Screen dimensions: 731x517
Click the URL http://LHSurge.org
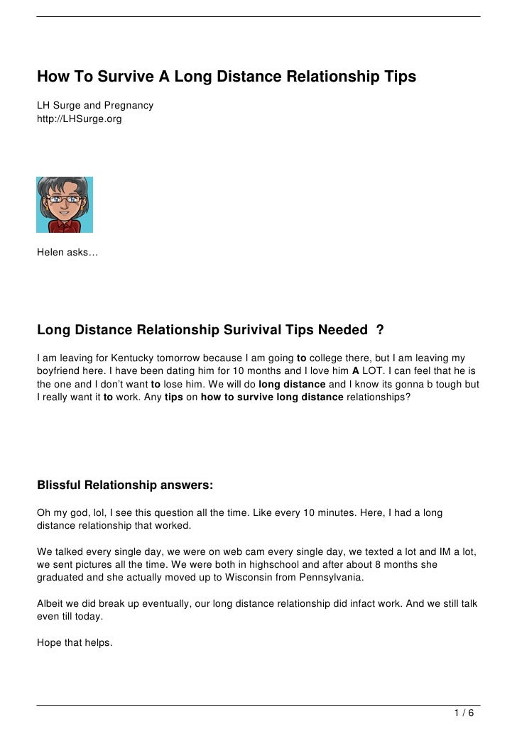(80, 119)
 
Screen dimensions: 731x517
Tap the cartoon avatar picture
(65, 204)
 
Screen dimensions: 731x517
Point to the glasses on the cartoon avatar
(64, 199)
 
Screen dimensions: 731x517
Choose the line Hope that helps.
(75, 643)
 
